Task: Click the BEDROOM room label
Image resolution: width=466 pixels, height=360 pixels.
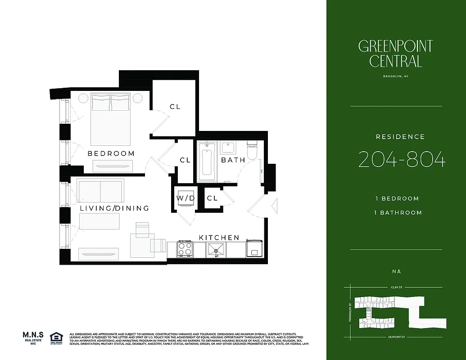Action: [x=111, y=153]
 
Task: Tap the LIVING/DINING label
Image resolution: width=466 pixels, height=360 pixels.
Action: [x=114, y=208]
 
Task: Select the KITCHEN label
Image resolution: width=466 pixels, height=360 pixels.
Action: [x=219, y=237]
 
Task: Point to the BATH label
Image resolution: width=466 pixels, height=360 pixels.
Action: [x=233, y=160]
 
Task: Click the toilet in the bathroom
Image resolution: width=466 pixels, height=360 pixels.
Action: [x=252, y=149]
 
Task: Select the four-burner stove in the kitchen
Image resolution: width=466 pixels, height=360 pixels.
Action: [x=185, y=248]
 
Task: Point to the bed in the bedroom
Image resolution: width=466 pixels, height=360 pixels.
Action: [x=111, y=119]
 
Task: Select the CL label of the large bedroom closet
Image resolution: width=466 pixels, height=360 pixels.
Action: [x=175, y=107]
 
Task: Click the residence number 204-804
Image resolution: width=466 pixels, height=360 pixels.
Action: [x=402, y=160]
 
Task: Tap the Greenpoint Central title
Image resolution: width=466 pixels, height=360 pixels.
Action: [x=395, y=54]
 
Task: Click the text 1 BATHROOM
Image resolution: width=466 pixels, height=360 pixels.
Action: [x=398, y=212]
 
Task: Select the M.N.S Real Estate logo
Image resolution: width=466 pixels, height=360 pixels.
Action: [x=33, y=337]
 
